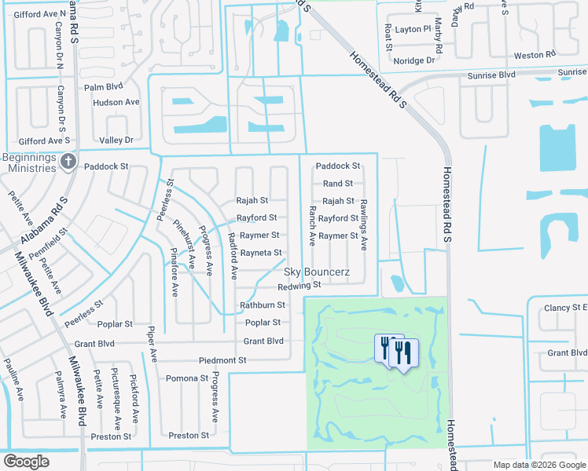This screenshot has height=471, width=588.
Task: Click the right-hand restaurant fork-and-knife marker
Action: (404, 352)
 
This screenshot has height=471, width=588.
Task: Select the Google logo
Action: (26, 462)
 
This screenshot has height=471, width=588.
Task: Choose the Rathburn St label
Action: (262, 305)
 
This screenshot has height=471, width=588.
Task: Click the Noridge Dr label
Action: (414, 60)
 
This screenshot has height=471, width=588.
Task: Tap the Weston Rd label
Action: (535, 56)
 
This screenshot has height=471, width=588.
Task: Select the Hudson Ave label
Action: (116, 103)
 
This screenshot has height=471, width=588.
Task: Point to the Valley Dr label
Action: (116, 140)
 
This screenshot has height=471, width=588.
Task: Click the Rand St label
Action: (338, 184)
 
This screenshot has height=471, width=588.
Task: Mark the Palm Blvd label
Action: (105, 87)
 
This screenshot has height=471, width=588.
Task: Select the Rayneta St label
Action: (261, 252)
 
